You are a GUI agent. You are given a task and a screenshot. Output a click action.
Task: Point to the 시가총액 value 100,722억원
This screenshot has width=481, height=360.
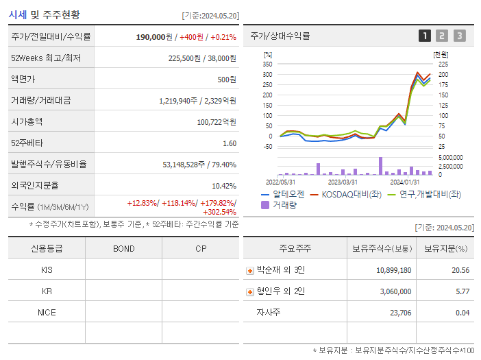click(216, 122)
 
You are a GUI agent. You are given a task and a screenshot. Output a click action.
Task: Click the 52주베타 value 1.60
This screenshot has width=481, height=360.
click(229, 143)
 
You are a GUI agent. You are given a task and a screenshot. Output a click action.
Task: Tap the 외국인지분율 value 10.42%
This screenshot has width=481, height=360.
click(223, 186)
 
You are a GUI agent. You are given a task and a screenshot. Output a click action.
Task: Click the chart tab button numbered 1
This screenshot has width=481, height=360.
click(425, 36)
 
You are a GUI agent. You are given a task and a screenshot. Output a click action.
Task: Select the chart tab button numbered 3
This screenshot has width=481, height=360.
click(459, 36)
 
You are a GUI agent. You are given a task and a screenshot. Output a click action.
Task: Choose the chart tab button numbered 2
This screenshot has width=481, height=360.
click(442, 36)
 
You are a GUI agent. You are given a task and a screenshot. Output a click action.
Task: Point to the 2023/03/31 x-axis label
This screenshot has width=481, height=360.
click(343, 182)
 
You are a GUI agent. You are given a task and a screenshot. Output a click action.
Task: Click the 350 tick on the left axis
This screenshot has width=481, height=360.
click(268, 64)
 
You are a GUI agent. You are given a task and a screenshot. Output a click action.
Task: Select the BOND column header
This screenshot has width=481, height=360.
click(123, 248)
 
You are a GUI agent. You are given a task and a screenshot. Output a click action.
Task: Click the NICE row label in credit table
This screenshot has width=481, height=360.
click(47, 313)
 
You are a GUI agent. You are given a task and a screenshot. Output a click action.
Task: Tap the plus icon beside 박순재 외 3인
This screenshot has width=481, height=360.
click(250, 271)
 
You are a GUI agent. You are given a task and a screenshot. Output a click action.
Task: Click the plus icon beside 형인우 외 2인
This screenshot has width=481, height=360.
click(250, 292)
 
